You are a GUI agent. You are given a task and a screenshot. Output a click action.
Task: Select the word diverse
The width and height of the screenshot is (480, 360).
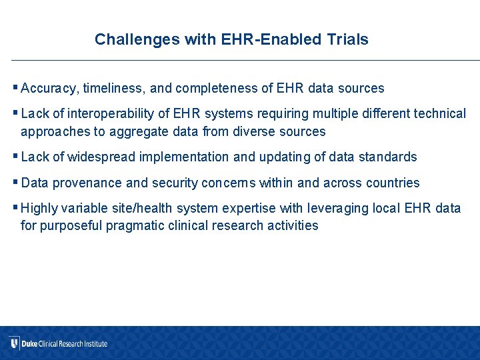pyautogui.click(x=254, y=131)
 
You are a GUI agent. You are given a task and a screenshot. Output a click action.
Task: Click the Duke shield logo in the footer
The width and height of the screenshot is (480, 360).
pyautogui.click(x=14, y=343)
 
